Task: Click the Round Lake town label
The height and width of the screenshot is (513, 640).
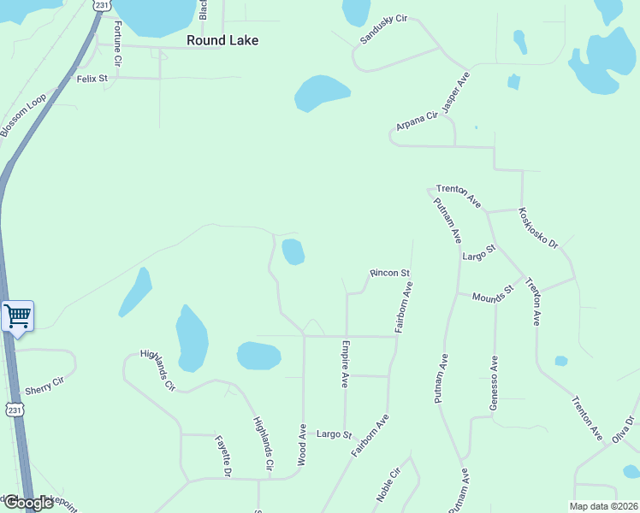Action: click(x=222, y=40)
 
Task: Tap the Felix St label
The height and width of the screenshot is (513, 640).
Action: click(x=92, y=79)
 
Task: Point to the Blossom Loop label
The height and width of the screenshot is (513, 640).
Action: click(x=23, y=115)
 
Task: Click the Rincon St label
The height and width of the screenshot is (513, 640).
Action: click(x=390, y=274)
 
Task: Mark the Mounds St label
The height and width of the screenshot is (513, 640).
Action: click(x=492, y=292)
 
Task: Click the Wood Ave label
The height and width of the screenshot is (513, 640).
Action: click(x=303, y=445)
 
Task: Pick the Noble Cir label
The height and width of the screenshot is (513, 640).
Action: click(x=388, y=485)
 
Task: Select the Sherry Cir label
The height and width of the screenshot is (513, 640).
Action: click(x=45, y=386)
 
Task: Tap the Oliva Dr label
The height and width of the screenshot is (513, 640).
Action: click(x=622, y=429)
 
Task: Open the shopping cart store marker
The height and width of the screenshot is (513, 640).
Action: click(x=18, y=316)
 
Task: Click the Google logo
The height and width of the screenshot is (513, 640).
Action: click(x=27, y=504)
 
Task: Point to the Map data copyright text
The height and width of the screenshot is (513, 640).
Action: click(x=602, y=506)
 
